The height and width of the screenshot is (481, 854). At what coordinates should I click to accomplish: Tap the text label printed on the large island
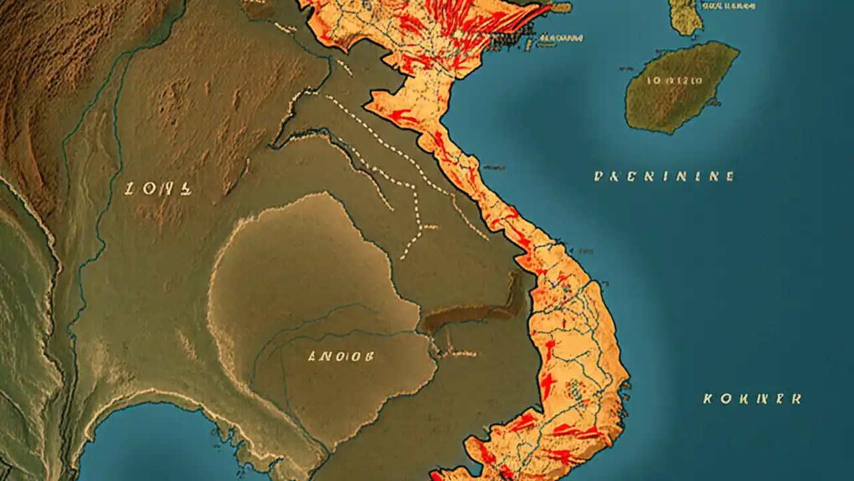(x=675, y=80)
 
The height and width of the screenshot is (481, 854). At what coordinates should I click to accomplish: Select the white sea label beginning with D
(x=664, y=176)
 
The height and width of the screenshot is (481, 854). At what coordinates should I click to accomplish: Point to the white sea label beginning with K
(x=752, y=399)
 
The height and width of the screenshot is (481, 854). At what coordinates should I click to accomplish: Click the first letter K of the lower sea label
(x=709, y=399)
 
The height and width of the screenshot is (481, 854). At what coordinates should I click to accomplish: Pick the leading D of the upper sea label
(x=598, y=176)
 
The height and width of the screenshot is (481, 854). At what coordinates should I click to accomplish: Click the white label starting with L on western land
(x=158, y=190)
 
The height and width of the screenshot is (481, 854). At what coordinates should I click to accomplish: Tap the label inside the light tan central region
(x=340, y=356)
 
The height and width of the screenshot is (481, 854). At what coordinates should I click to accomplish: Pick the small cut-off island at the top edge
(x=685, y=15)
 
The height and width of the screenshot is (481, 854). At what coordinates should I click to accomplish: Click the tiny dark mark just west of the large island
(x=624, y=68)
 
